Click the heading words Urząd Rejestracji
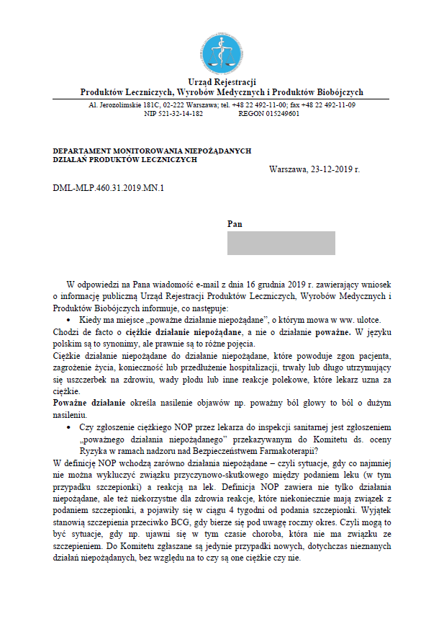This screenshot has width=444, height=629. pos(222,81)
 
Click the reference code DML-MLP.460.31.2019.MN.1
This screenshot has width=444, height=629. pos(109,189)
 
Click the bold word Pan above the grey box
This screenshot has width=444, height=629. pos(235,224)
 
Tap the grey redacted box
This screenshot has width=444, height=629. pos(281,244)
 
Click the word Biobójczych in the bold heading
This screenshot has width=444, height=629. pos(338,92)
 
